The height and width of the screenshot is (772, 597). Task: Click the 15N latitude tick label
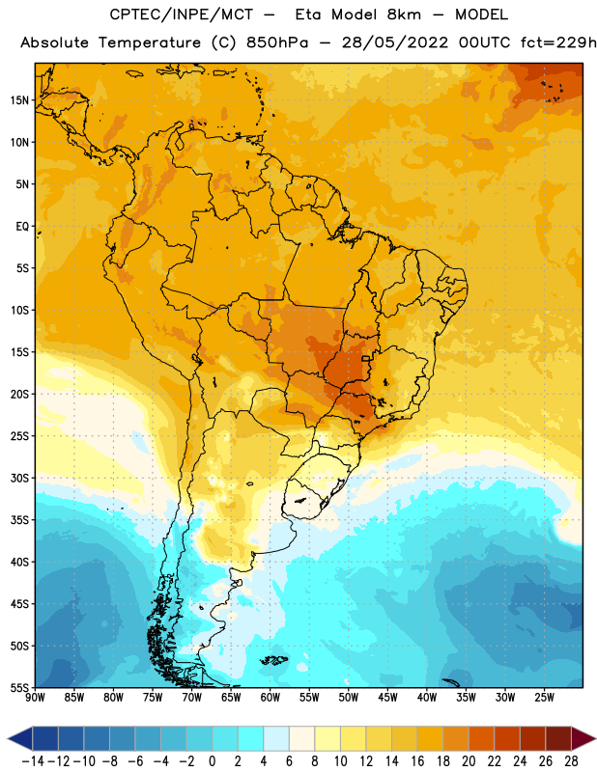[x=19, y=100]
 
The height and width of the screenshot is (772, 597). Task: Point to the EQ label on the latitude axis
[x=22, y=227]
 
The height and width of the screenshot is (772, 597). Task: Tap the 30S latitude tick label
[x=19, y=478]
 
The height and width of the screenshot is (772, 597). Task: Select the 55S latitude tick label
[x=19, y=688]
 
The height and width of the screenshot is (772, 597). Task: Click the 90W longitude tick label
[x=35, y=698]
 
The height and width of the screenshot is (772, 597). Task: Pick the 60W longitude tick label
[x=270, y=698]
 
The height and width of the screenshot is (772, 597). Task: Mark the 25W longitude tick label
[x=544, y=698]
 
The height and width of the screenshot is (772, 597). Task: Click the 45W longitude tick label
[x=387, y=698]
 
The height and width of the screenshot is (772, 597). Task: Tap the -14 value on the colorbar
[x=33, y=761]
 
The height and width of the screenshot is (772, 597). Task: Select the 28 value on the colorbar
[x=571, y=761]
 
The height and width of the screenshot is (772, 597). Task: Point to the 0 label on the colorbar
[x=212, y=761]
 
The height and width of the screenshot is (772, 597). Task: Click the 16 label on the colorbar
[x=417, y=761]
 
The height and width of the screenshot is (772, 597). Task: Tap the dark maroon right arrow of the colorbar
[x=583, y=738]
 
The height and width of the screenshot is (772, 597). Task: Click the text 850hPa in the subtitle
[x=277, y=42]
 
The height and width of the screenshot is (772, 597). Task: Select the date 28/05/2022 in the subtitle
[x=395, y=42]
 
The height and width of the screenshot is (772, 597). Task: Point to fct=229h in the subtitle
[x=558, y=42]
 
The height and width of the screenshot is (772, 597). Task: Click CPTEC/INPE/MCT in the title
[x=181, y=14]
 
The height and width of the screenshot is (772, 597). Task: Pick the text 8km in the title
[x=404, y=14]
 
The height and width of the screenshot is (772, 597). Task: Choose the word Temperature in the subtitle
[x=150, y=42]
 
